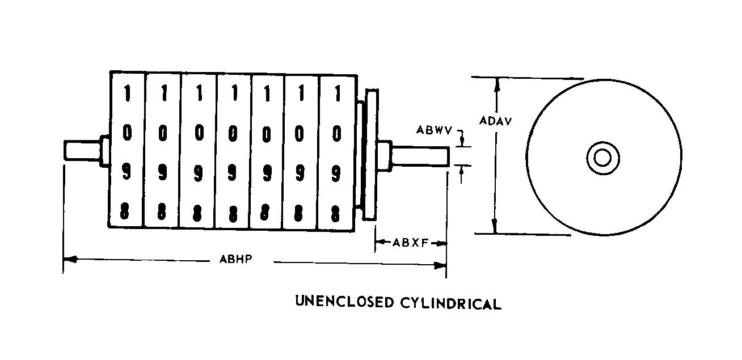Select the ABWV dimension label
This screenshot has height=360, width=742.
pos(434,130)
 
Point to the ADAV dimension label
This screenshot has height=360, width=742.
pos(492,120)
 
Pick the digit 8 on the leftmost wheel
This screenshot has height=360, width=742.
pos(127,213)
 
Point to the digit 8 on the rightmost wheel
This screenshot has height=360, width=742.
pos(336,214)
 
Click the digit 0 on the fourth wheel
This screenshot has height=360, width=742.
pos(233,134)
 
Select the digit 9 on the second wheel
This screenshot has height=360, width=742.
pos(163,173)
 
